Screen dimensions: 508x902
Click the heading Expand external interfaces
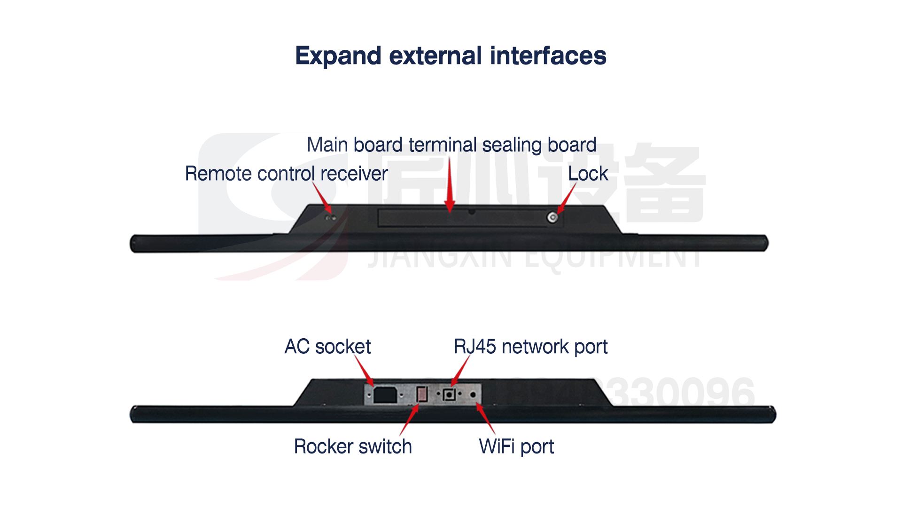click(451, 56)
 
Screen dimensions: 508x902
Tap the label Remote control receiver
click(286, 174)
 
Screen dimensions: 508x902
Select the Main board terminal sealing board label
click(451, 145)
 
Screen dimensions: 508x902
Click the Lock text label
click(588, 174)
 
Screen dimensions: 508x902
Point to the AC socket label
click(327, 347)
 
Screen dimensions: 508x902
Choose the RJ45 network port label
click(530, 347)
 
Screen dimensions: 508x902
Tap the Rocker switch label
click(353, 446)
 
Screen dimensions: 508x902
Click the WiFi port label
click(516, 446)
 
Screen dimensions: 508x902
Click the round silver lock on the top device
click(552, 217)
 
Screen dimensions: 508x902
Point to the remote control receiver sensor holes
click(331, 218)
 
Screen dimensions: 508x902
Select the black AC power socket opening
click(385, 395)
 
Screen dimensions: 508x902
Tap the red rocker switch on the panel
click(422, 394)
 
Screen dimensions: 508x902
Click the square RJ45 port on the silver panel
click(450, 394)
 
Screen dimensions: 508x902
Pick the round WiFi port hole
click(473, 395)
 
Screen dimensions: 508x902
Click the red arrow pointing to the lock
click(567, 198)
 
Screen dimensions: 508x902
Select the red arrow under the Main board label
click(450, 186)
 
